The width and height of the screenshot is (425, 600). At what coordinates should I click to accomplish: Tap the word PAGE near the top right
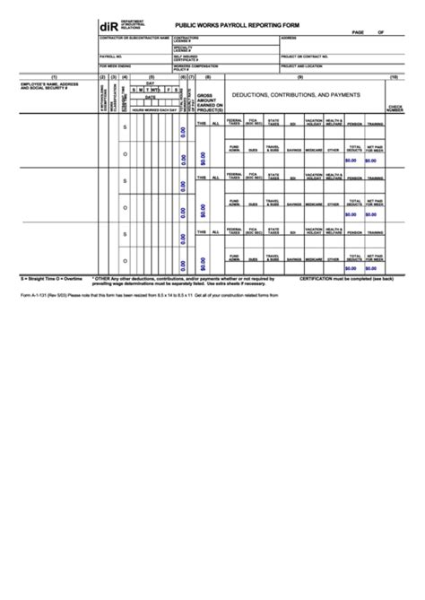tap(358, 32)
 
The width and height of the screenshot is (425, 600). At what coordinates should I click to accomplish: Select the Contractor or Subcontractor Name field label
tap(134, 39)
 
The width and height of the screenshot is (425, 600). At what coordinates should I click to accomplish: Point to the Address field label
tap(289, 39)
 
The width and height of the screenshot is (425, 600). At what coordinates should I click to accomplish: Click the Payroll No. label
tap(112, 55)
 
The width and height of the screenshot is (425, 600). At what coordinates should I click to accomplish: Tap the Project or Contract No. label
tap(309, 55)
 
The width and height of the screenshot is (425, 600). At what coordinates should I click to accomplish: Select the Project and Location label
tap(302, 65)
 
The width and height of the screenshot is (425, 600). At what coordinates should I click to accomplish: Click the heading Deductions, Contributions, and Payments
tap(295, 93)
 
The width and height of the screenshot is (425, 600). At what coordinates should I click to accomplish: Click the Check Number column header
tap(395, 109)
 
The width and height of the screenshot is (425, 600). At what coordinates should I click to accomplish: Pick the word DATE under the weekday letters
tap(150, 97)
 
